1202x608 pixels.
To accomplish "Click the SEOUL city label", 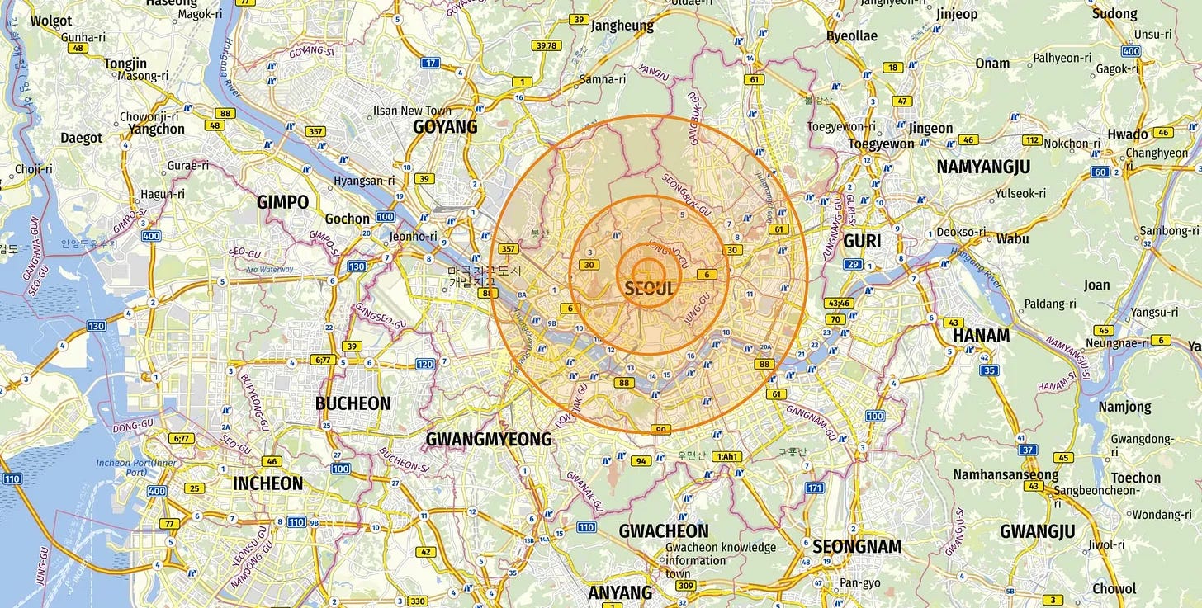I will (649, 289).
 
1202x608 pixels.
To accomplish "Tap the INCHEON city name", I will (267, 483).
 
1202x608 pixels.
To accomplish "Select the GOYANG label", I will (445, 126).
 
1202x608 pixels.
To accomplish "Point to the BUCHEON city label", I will (353, 403).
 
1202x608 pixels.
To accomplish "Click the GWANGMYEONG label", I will (488, 439).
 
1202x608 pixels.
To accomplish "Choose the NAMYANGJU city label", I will (982, 167).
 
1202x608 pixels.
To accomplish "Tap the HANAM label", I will (981, 335).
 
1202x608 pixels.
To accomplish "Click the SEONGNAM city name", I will (857, 546).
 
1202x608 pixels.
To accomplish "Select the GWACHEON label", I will (664, 530).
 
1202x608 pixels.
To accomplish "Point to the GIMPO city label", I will (282, 202).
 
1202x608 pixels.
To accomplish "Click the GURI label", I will (862, 242).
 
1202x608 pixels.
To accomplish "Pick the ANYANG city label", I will (620, 592).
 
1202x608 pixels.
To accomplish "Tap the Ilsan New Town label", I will (414, 111).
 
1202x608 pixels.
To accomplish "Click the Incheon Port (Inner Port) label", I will (136, 467).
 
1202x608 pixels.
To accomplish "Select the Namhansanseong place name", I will (1006, 474).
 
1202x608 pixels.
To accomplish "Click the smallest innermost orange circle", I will (648, 272).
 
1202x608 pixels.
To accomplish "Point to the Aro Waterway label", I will (270, 269).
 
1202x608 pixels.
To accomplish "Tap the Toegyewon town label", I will (881, 144).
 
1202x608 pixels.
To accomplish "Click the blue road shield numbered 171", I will (815, 488).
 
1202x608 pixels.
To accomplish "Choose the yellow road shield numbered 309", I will (685, 586).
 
